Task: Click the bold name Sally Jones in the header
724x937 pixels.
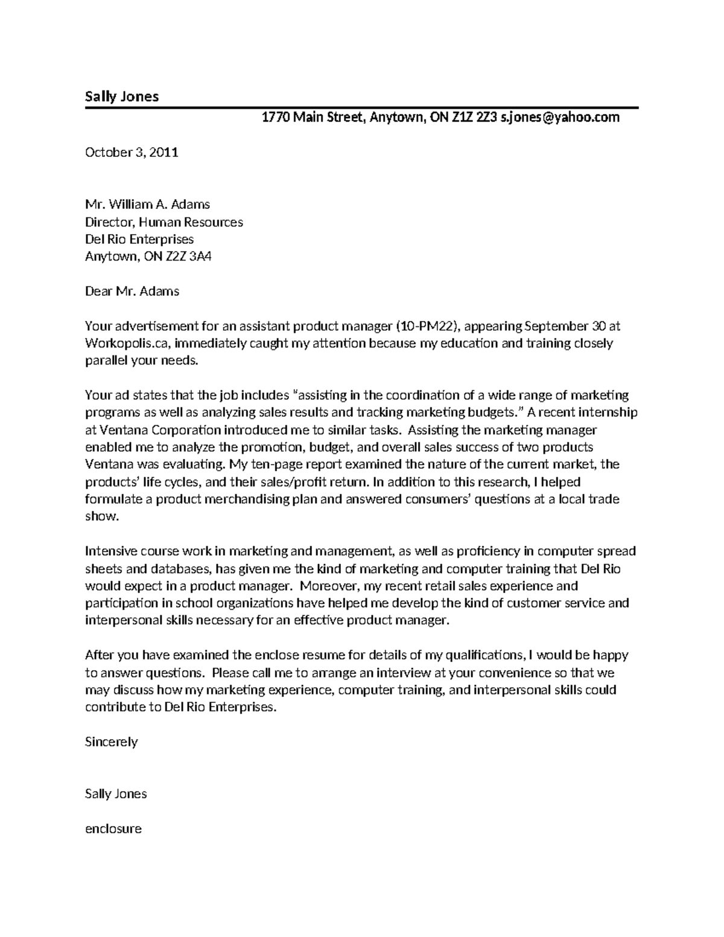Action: [x=121, y=97]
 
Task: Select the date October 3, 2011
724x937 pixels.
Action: [x=132, y=152]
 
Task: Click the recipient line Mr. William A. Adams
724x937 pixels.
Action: [x=147, y=205]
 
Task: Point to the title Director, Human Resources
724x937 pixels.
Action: [x=164, y=222]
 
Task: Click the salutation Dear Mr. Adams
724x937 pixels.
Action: [x=132, y=291]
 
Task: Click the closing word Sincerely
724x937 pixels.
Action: [x=111, y=742]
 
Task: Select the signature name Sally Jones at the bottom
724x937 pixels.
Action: [x=116, y=794]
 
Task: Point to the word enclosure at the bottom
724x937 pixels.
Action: [x=113, y=829]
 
